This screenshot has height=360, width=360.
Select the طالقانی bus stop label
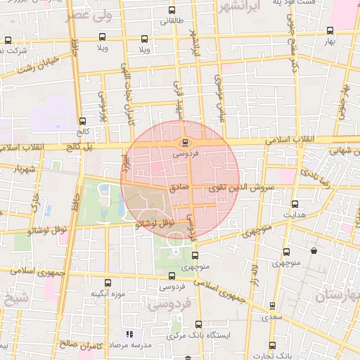172,20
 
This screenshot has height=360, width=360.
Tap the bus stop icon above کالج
83,121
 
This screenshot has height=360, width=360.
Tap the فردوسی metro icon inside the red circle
184,141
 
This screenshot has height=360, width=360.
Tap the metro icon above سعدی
272,305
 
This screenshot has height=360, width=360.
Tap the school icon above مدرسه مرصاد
129,334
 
